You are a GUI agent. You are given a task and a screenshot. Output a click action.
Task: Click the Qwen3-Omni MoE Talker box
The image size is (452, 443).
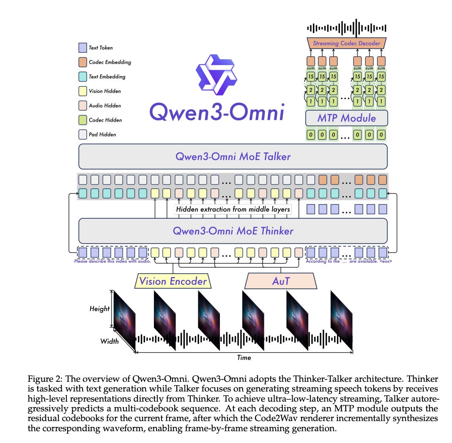tap(233, 157)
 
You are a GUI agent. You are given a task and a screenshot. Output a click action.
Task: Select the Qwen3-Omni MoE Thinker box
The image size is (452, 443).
tap(233, 231)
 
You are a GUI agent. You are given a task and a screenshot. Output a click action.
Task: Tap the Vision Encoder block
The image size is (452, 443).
tap(173, 281)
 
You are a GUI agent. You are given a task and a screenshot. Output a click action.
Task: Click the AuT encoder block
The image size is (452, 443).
tap(280, 281)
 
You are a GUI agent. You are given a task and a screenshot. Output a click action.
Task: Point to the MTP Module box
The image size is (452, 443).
tap(346, 118)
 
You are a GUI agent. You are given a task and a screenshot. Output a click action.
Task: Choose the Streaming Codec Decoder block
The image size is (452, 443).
tap(346, 43)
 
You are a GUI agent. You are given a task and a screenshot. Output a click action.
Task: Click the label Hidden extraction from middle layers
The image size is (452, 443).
tap(233, 209)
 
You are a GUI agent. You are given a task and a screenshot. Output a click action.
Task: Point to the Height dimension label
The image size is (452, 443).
tap(99, 309)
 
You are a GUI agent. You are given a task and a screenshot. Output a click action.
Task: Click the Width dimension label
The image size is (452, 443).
tap(110, 341)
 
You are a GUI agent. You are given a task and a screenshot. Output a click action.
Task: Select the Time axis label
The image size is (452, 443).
tap(244, 358)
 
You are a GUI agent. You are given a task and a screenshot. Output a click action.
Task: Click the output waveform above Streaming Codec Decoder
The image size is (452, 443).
tap(346, 28)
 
